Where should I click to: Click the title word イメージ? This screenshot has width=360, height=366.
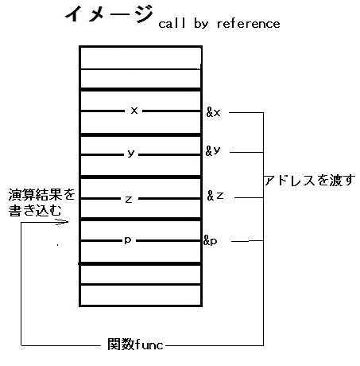[x=109, y=14]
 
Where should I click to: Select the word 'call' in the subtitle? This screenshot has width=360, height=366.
[x=172, y=23]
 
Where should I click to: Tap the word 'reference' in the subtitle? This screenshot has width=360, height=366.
[x=248, y=24]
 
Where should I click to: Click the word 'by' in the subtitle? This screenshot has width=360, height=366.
[x=201, y=24]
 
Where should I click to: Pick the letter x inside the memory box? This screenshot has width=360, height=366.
[x=134, y=110]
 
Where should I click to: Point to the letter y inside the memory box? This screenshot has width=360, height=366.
[x=131, y=154]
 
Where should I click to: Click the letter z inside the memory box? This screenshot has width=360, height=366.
[x=129, y=199]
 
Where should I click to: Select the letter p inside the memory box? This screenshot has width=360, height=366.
[x=128, y=240]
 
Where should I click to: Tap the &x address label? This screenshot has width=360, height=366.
[x=213, y=112]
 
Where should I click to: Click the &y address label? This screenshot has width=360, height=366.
[x=213, y=151]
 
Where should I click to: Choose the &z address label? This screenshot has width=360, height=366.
[x=215, y=196]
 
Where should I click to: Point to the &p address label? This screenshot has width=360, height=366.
[x=211, y=240]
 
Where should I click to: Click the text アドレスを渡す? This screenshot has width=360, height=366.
[x=309, y=181]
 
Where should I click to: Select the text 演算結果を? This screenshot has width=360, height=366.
[x=42, y=195]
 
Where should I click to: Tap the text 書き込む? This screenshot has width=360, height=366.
[x=35, y=211]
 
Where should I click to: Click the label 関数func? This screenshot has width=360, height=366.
[x=135, y=345]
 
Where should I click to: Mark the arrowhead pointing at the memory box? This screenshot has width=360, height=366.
[x=63, y=222]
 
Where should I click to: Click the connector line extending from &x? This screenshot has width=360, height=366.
[x=246, y=112]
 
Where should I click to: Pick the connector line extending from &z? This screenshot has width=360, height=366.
[x=249, y=197]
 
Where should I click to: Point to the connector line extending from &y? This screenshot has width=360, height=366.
[x=246, y=152]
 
